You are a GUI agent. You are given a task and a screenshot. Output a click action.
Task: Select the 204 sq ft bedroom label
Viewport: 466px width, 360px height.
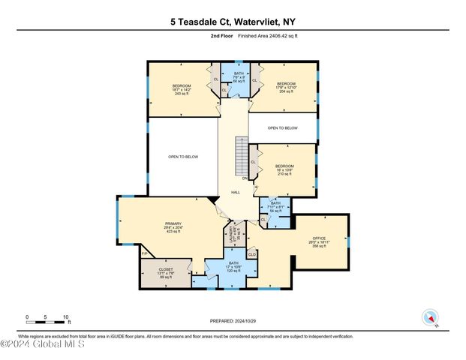(286, 88)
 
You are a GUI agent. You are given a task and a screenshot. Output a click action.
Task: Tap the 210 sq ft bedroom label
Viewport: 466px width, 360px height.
(284, 169)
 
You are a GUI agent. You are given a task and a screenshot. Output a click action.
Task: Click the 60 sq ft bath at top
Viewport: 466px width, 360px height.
(239, 77)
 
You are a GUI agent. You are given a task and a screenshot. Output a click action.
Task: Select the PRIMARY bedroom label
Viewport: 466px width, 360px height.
(174, 227)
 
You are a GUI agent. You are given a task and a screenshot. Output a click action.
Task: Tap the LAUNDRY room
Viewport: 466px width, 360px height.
(233, 236)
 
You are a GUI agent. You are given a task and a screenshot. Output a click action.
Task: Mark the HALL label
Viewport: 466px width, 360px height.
(235, 193)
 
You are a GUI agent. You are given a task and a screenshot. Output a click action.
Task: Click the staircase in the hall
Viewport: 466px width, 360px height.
(241, 154)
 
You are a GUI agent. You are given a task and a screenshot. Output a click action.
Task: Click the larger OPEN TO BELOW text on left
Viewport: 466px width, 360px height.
(183, 157)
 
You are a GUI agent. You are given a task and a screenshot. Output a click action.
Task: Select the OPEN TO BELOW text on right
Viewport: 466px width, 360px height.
(287, 128)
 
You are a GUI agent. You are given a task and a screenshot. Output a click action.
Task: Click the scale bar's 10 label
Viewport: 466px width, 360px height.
(66, 316)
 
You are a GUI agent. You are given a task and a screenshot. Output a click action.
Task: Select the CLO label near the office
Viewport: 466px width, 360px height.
(252, 255)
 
